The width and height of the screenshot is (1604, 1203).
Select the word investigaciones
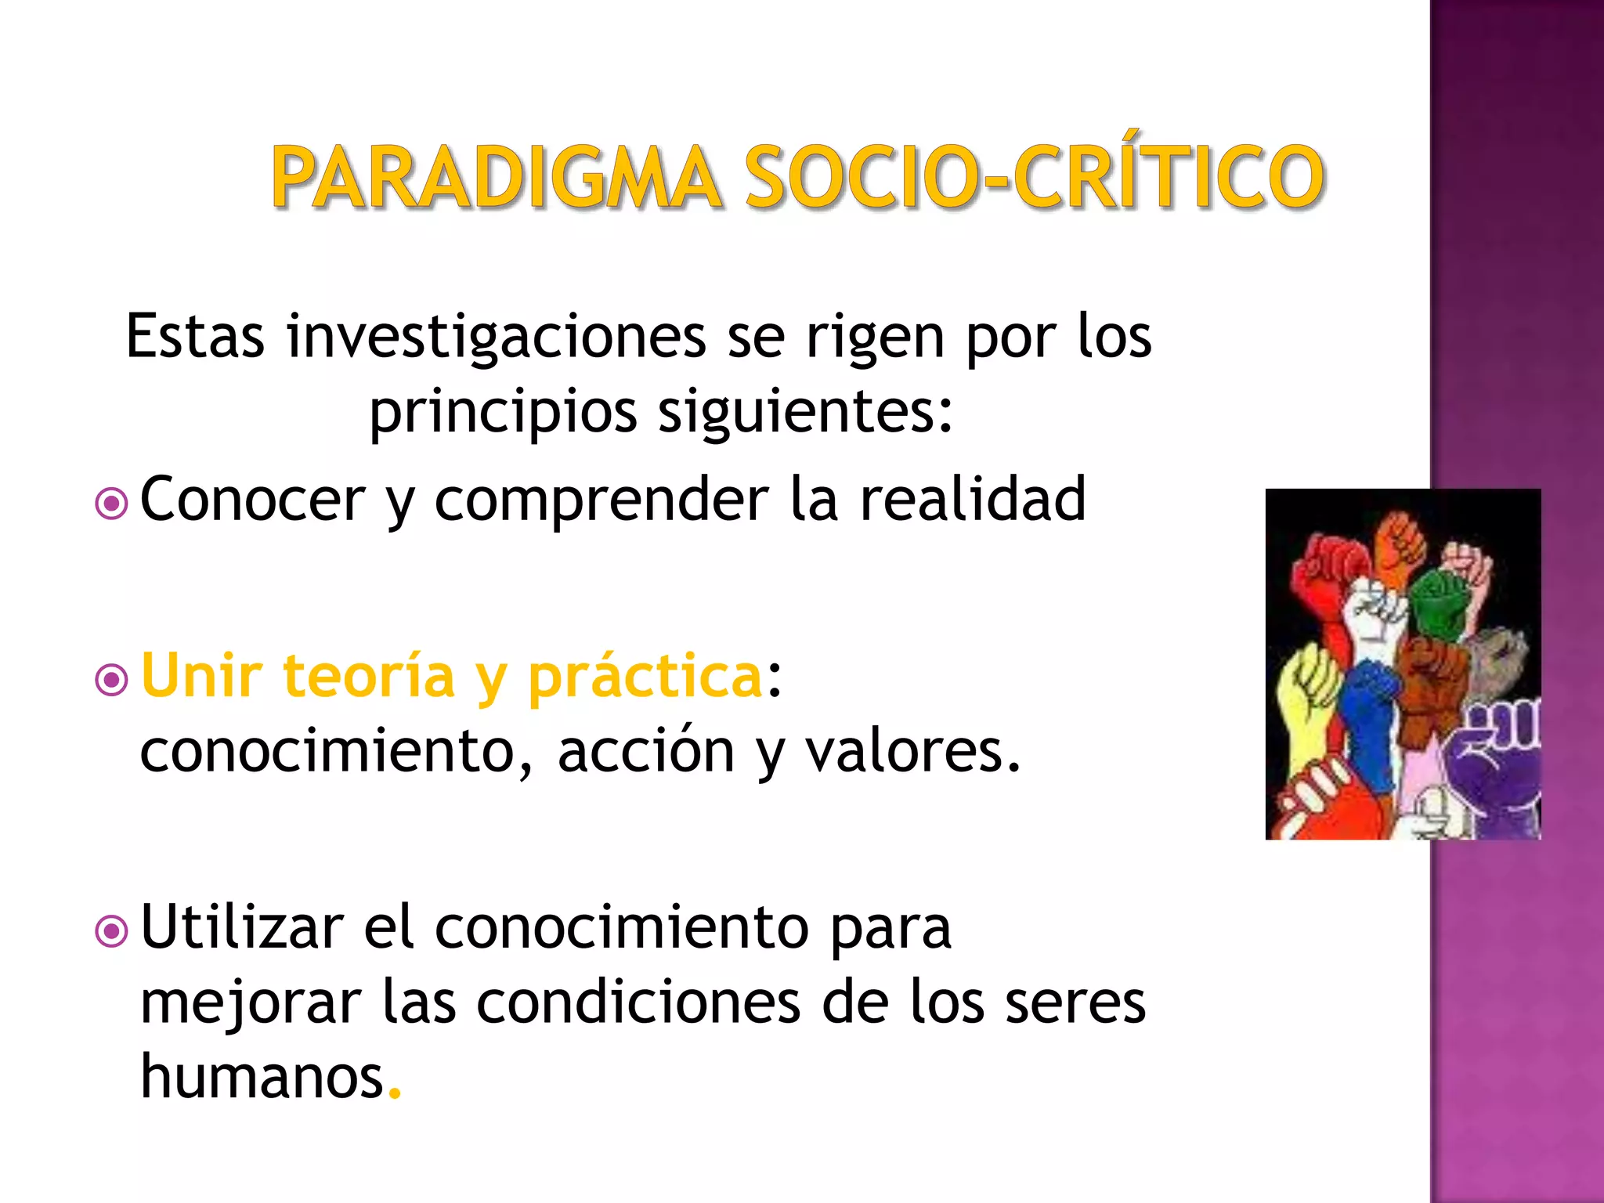497,337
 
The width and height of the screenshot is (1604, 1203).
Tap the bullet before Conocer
111,504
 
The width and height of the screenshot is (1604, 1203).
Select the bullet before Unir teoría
111,680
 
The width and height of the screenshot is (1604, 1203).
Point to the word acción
646,750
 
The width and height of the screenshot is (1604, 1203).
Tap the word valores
912,750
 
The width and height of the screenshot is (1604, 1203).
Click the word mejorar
251,1004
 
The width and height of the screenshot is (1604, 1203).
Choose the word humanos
262,1076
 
